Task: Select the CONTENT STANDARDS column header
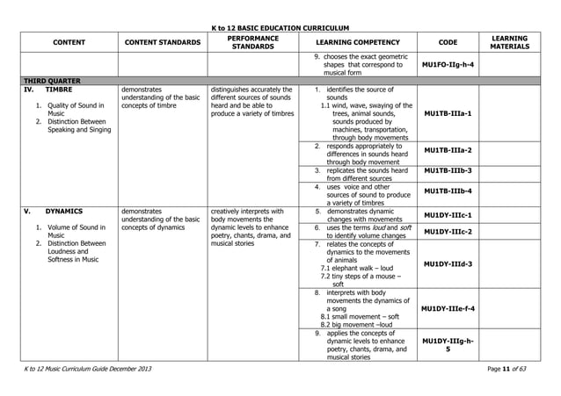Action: [162, 41]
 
